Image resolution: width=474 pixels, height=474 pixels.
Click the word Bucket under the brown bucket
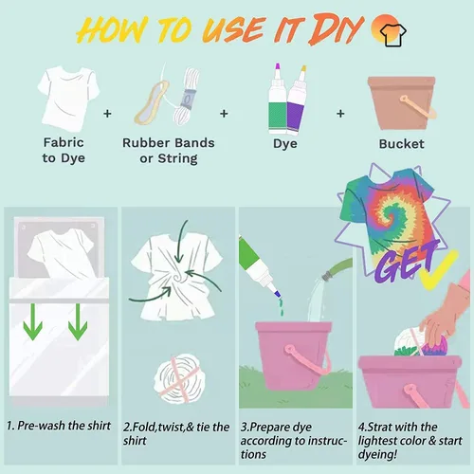(401, 144)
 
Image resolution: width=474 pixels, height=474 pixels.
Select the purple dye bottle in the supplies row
(297, 100)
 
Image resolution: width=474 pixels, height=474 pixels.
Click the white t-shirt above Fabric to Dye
(68, 99)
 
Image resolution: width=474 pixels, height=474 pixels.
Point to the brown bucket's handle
(418, 106)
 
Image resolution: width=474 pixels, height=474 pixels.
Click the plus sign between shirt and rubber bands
(107, 114)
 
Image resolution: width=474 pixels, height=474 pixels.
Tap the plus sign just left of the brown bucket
(340, 114)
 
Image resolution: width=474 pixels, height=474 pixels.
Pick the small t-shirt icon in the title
(392, 35)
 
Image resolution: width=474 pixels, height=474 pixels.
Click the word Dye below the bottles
(285, 144)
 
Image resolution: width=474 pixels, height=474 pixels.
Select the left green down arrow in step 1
(33, 322)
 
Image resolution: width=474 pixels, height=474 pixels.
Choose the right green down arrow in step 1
(78, 322)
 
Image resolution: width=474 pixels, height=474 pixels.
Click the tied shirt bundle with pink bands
(179, 378)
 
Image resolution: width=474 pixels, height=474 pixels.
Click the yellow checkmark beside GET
(438, 270)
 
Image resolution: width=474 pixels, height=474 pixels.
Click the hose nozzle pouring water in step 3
(329, 274)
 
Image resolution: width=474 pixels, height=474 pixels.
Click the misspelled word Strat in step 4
(380, 427)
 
